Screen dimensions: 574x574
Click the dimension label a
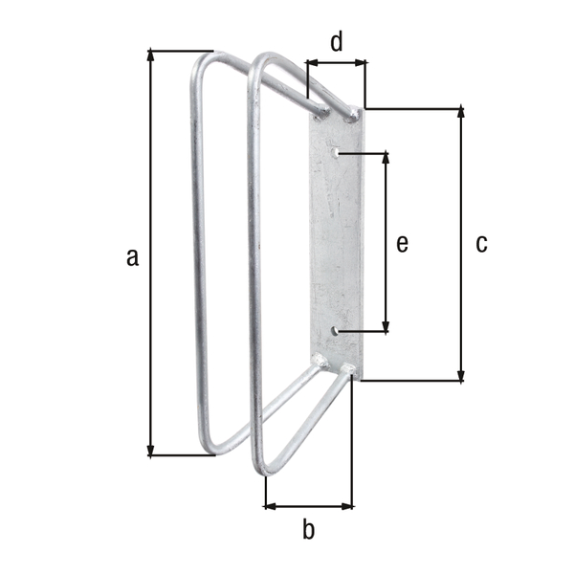tap(132, 255)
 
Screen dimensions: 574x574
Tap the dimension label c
tap(481, 244)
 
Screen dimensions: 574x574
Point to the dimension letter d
tap(336, 41)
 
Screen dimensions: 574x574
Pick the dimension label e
tap(402, 244)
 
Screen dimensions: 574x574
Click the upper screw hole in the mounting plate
tap(334, 152)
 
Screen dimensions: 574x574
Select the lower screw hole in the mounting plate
tap(336, 331)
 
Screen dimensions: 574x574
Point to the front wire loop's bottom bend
tap(264, 469)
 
